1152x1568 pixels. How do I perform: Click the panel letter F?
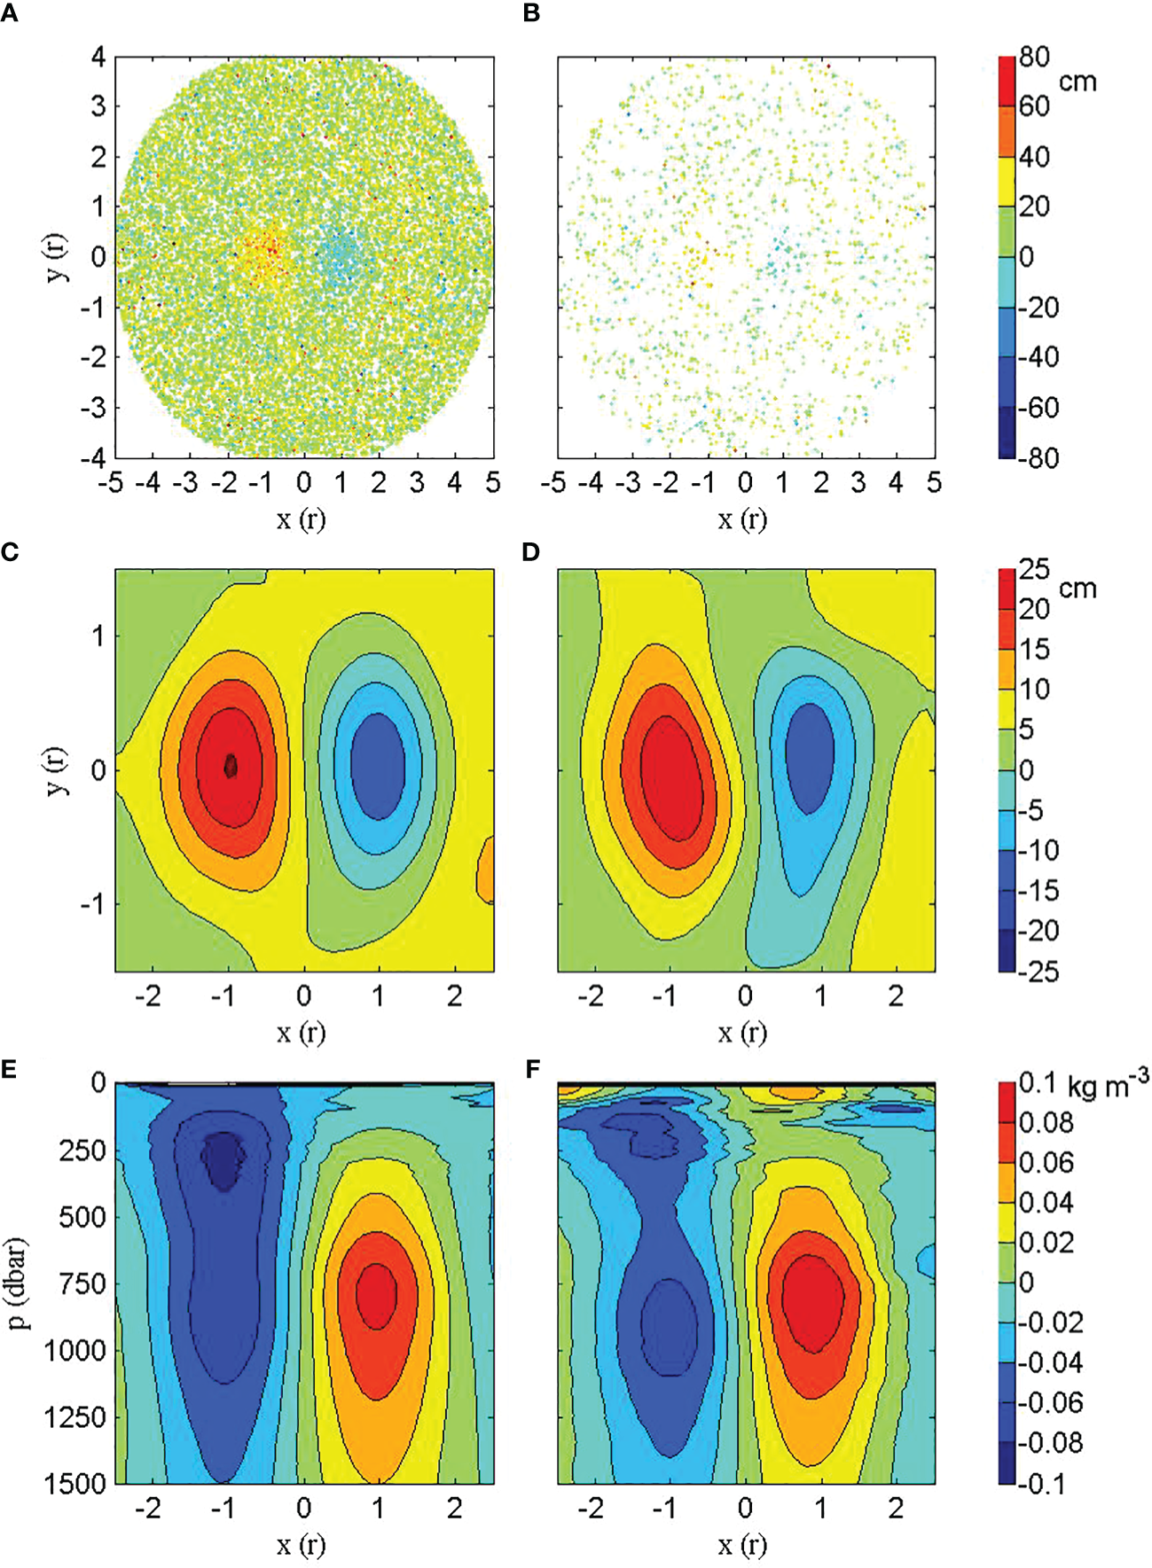(x=532, y=1069)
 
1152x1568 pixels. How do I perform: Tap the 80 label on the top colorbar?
(x=1034, y=58)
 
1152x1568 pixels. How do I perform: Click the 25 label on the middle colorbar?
(x=1034, y=569)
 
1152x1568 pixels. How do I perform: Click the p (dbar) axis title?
(x=19, y=1283)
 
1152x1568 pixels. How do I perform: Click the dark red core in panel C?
(x=231, y=765)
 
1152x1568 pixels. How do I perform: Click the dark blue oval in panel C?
(x=378, y=766)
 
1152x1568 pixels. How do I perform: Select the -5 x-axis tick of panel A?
(x=112, y=483)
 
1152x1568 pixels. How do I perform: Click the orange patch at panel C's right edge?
(x=486, y=872)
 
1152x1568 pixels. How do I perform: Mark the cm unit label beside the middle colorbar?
(x=1078, y=589)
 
